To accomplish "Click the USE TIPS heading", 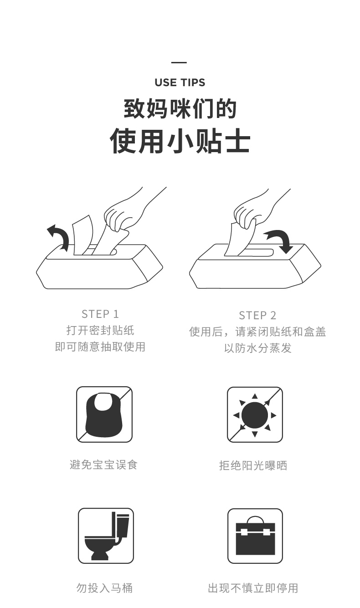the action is [180, 82].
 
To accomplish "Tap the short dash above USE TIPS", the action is [179, 62].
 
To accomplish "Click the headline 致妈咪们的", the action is [180, 109].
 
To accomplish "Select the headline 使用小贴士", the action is [180, 141].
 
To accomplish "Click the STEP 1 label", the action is [100, 314].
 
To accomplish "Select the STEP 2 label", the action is [257, 316].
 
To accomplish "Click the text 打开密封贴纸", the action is [100, 330].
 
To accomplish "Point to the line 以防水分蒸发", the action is [257, 348].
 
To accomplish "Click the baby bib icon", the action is [104, 414].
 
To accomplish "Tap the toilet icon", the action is [106, 536].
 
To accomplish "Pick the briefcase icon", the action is [255, 536].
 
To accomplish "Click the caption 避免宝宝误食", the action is [104, 465].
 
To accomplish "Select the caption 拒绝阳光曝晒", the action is [253, 465].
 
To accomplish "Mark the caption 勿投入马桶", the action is [104, 588].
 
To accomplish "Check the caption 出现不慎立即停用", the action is [253, 588].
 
